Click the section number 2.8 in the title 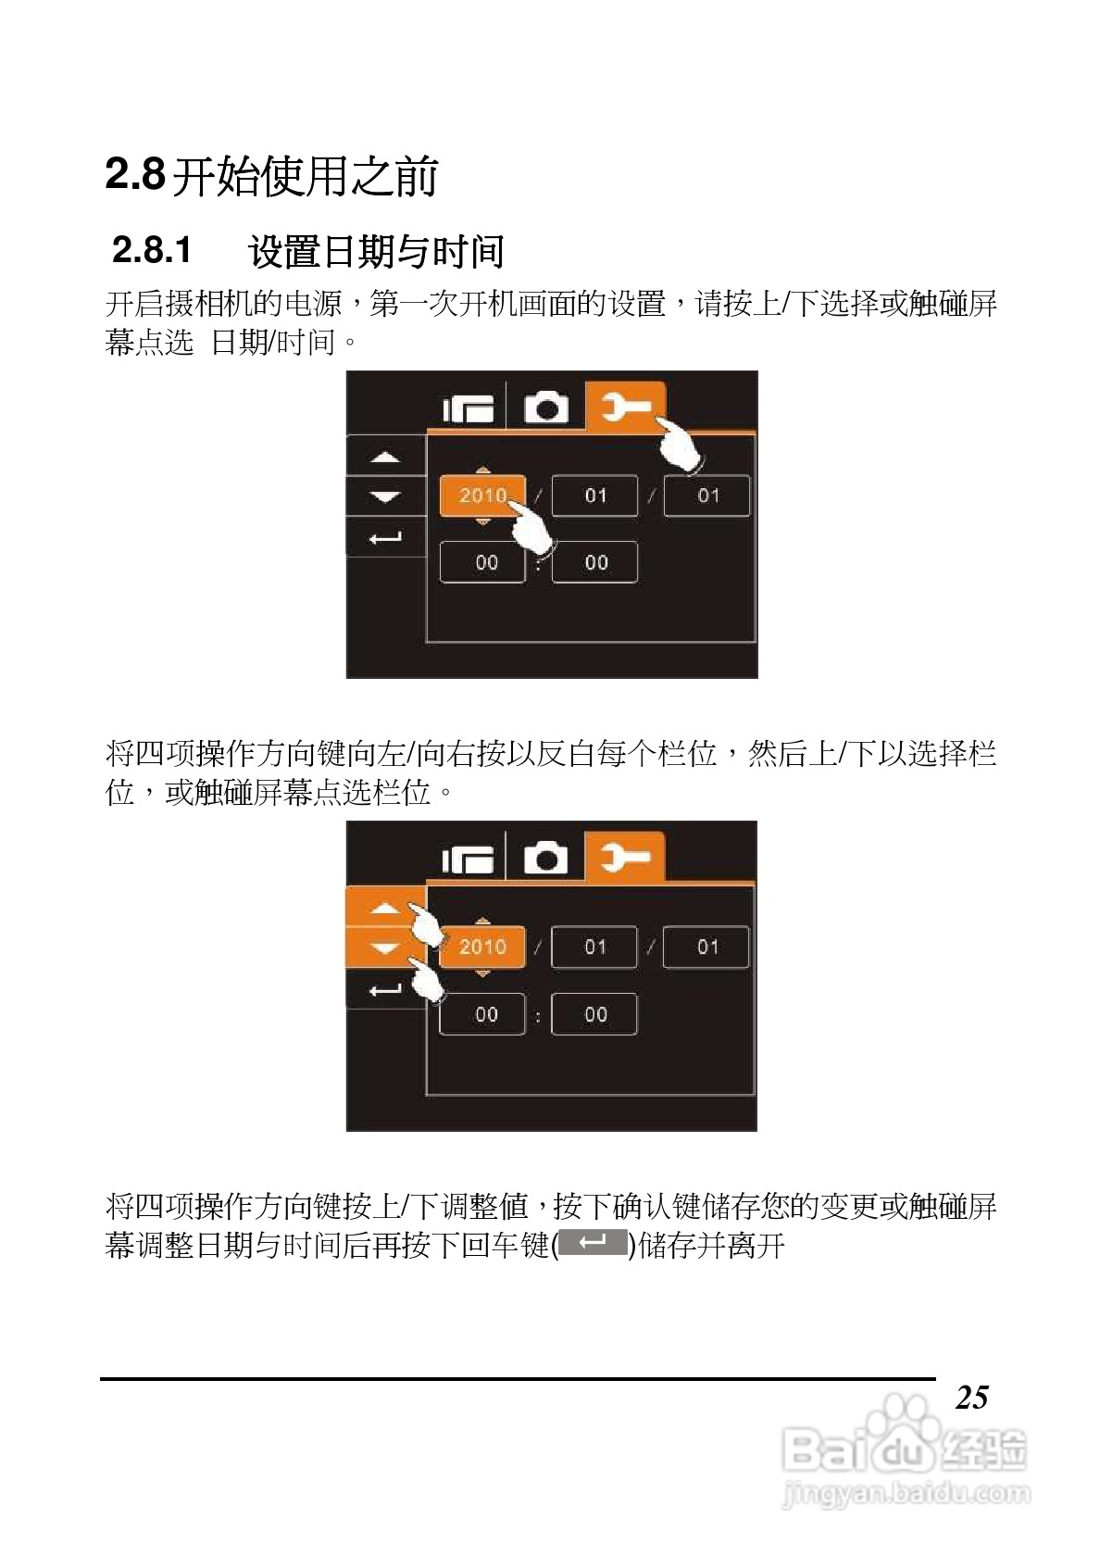click(135, 174)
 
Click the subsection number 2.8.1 click(152, 250)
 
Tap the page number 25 click(971, 1398)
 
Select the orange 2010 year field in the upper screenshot click(481, 496)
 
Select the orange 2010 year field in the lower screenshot click(481, 947)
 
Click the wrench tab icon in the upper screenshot click(626, 406)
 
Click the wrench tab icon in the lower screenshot click(625, 858)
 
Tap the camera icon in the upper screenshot click(546, 408)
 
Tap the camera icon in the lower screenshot click(546, 859)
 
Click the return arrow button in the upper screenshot click(385, 538)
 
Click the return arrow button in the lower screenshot click(385, 990)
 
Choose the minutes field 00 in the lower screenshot click(594, 1014)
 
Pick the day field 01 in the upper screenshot click(707, 496)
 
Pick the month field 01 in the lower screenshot click(594, 947)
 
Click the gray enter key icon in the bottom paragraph click(593, 1243)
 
